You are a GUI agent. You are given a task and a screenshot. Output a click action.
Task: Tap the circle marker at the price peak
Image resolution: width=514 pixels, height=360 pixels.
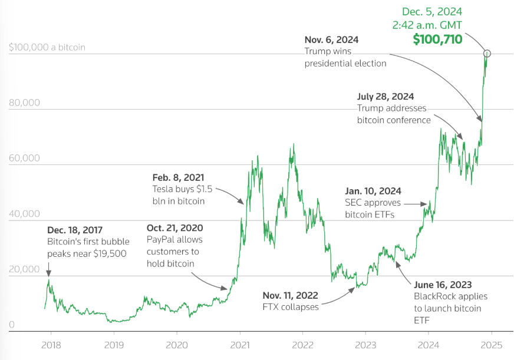pyautogui.click(x=487, y=54)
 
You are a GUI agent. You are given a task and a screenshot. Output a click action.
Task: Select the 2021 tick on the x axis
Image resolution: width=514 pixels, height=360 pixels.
pyautogui.click(x=240, y=345)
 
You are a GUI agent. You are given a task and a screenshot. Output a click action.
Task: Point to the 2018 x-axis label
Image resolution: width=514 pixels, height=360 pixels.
pyautogui.click(x=51, y=345)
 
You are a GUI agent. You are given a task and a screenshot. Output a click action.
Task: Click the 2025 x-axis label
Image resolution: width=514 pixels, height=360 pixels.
pyautogui.click(x=492, y=345)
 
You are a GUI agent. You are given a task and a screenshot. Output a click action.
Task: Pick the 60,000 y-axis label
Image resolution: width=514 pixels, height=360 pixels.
pyautogui.click(x=25, y=158)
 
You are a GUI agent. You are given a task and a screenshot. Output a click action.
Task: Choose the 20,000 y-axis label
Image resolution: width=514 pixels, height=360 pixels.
pyautogui.click(x=25, y=269)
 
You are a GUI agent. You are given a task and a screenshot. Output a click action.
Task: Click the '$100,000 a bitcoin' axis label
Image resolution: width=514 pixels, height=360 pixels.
pyautogui.click(x=47, y=47)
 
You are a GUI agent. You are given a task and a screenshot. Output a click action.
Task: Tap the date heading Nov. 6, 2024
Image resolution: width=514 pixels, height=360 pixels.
pyautogui.click(x=331, y=40)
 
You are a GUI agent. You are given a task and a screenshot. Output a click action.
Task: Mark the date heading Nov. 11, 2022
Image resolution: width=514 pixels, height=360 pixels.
pyautogui.click(x=291, y=295)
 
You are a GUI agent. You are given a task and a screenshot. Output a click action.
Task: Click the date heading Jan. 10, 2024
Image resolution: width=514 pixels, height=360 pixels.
pyautogui.click(x=373, y=191)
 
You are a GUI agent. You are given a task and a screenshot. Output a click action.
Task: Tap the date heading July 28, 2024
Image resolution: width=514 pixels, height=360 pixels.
pyautogui.click(x=385, y=96)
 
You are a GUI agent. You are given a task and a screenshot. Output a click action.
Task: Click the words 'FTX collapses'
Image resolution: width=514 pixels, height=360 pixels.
pyautogui.click(x=291, y=307)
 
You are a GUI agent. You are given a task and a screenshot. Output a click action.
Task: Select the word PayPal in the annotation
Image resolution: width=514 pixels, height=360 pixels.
pyautogui.click(x=160, y=240)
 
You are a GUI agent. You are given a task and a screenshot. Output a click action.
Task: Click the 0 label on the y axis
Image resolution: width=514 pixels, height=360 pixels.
pyautogui.click(x=12, y=325)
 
